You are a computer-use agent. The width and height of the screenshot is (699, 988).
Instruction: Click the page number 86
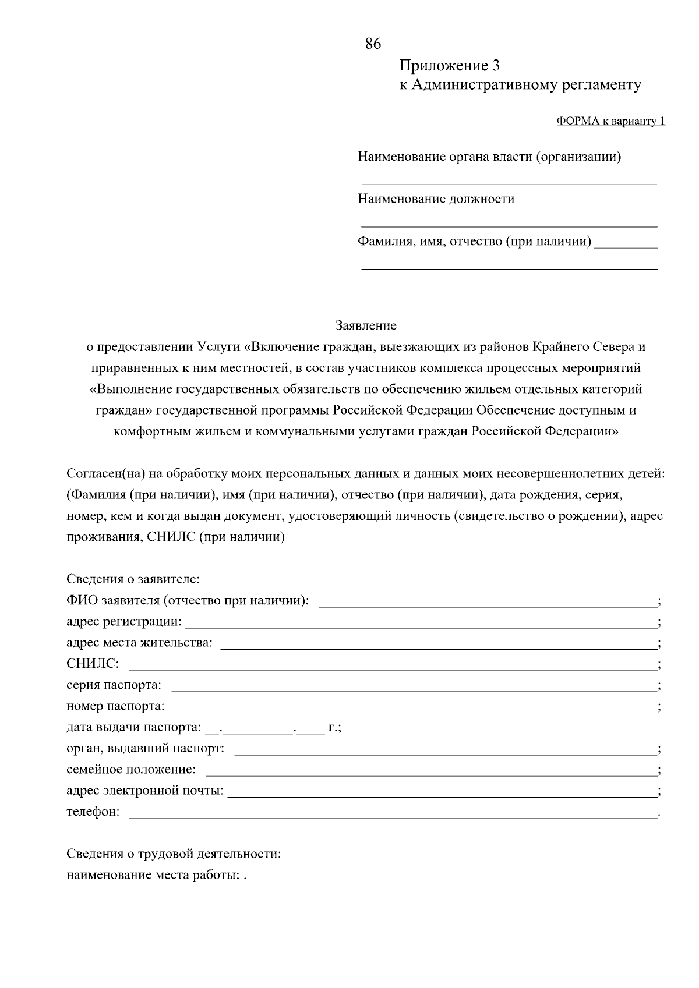click(x=373, y=44)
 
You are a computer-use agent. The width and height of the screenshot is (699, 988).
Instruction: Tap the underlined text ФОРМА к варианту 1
click(x=610, y=121)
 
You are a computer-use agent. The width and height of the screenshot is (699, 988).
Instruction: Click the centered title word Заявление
click(x=366, y=325)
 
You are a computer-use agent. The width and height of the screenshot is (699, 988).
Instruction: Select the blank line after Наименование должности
click(x=586, y=204)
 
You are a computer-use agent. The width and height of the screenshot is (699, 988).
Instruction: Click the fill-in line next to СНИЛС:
click(x=391, y=669)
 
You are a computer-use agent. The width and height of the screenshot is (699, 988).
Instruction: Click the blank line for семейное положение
click(x=431, y=774)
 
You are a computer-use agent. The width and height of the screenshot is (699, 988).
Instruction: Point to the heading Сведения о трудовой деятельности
click(x=174, y=854)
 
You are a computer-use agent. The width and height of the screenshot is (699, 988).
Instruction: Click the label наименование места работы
click(x=153, y=875)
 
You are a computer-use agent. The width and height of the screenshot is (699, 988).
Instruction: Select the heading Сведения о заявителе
click(x=133, y=579)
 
